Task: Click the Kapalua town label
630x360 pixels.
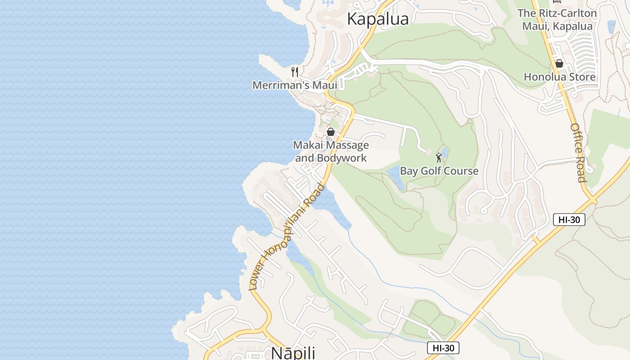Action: pos(378,19)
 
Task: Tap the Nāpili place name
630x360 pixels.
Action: pos(293,352)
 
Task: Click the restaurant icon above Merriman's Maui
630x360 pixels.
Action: pos(295,72)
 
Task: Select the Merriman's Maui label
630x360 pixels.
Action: pos(295,85)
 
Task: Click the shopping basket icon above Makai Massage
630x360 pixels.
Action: pos(331,132)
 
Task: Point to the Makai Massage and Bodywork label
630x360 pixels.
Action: pos(331,152)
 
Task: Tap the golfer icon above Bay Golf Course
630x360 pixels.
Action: pos(439,157)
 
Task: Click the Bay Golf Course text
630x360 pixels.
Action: pos(439,171)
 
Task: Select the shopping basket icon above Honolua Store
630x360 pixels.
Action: pos(559,63)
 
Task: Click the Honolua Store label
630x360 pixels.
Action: pos(559,77)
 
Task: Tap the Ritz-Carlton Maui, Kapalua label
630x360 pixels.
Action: pos(557,20)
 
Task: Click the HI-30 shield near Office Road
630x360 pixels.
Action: pos(569,220)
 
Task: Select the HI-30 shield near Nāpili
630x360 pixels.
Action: pos(443,348)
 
